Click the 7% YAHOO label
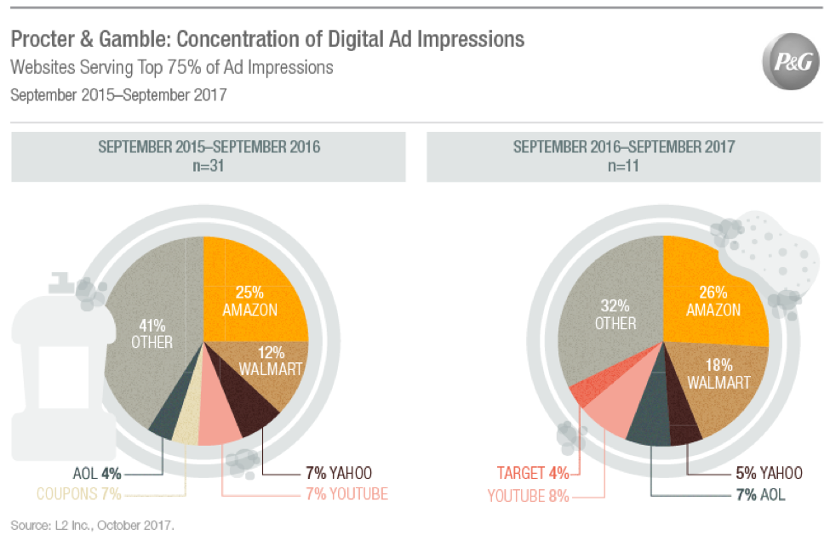point(338,473)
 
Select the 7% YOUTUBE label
point(346,494)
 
